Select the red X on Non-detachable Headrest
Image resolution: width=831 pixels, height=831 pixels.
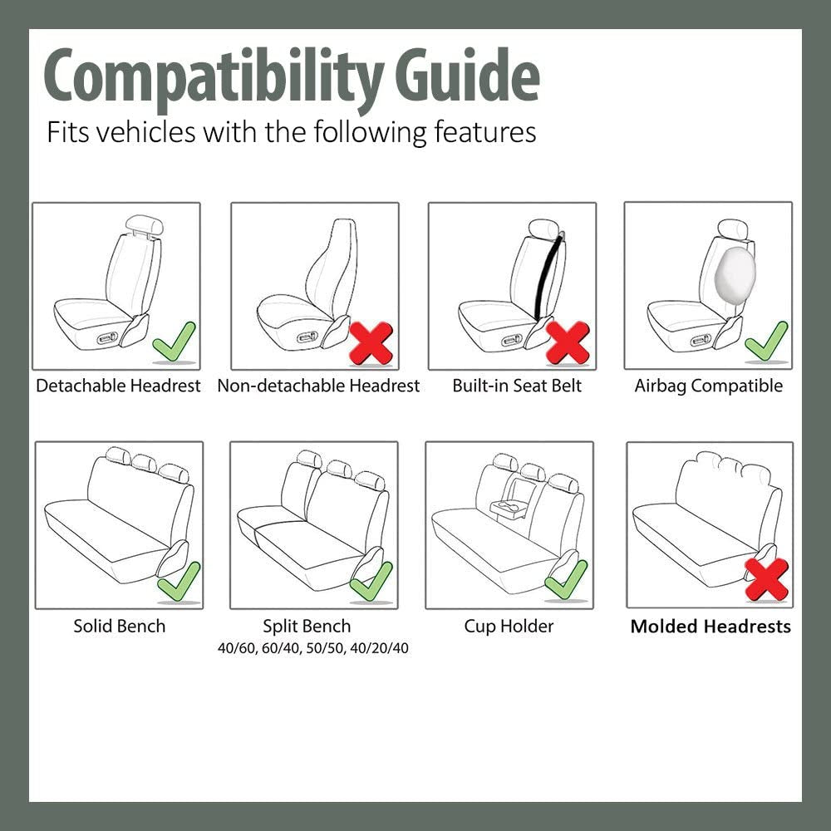tap(371, 342)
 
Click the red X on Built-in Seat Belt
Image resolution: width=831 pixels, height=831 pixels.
tap(568, 342)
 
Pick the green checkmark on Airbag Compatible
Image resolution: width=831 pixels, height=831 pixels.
tap(766, 342)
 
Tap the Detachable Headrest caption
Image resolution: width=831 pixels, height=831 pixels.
tap(118, 386)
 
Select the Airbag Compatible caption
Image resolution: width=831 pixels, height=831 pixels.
tap(708, 386)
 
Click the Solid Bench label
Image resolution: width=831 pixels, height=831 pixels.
tap(119, 626)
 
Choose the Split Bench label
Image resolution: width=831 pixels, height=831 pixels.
tap(307, 626)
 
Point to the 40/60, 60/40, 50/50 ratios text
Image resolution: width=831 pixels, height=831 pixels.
tap(313, 648)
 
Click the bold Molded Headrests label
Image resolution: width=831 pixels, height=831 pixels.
tap(711, 627)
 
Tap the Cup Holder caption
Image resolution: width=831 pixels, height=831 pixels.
tap(509, 626)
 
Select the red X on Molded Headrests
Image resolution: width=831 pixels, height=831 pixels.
tap(766, 579)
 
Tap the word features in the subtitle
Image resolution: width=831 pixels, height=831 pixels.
tap(485, 132)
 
